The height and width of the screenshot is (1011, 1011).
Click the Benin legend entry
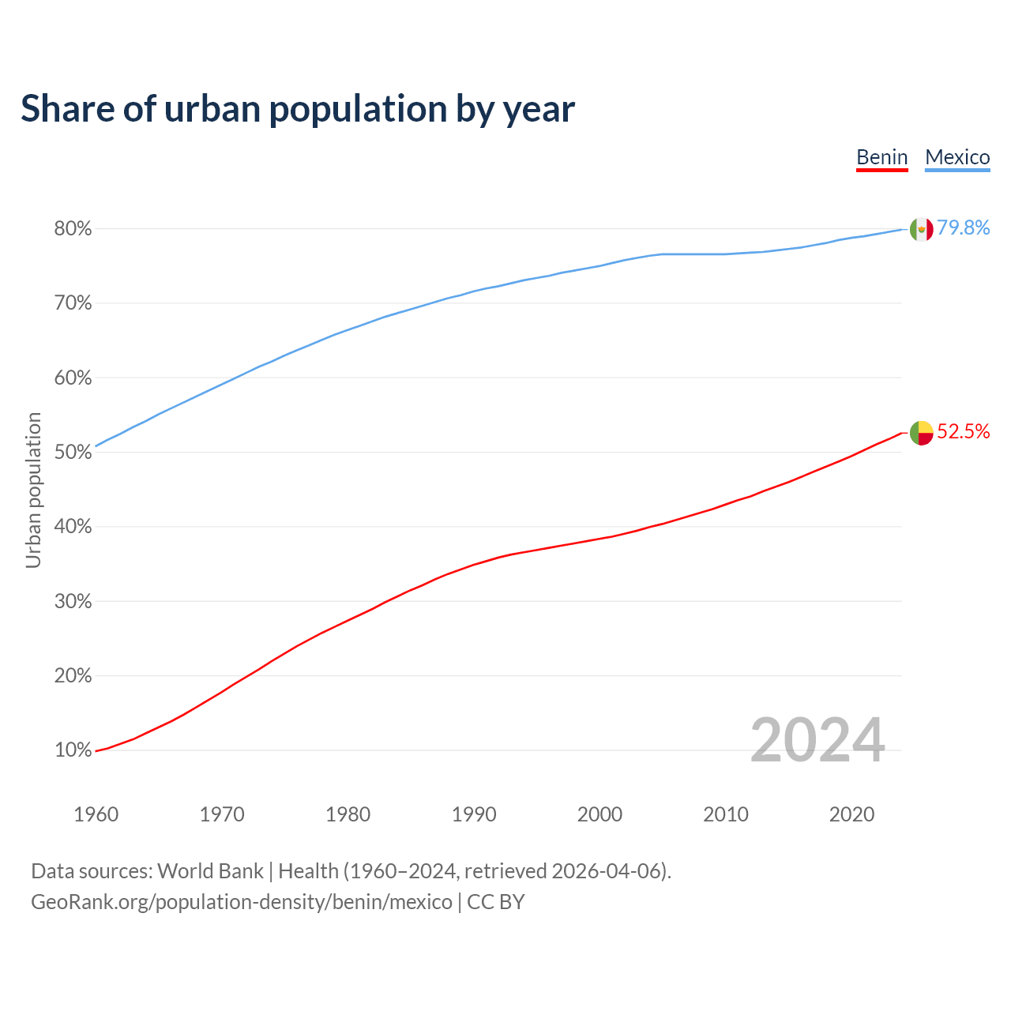882,157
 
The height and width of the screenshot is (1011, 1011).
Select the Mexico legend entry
957,157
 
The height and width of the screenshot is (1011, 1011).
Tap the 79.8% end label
964,228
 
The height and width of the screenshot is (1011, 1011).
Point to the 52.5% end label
964,431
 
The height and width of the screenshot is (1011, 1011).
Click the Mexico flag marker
922,230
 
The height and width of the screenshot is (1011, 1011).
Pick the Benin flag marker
922,433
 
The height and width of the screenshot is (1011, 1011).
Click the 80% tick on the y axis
73,229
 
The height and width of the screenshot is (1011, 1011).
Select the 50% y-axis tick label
73,453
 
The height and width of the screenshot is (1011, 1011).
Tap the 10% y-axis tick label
73,750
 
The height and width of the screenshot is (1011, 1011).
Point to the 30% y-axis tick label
73,602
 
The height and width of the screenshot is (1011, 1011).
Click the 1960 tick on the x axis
96,814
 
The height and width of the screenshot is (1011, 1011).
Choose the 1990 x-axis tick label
474,814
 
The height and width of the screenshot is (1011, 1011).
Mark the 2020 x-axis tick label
851,814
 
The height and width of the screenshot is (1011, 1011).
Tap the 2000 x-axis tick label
599,814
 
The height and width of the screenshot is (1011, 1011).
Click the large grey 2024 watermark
817,740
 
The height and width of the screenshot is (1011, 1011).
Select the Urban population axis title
33,490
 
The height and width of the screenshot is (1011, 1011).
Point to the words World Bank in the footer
210,871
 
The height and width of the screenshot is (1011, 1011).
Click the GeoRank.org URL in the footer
241,902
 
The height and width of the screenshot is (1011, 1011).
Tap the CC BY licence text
496,902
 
